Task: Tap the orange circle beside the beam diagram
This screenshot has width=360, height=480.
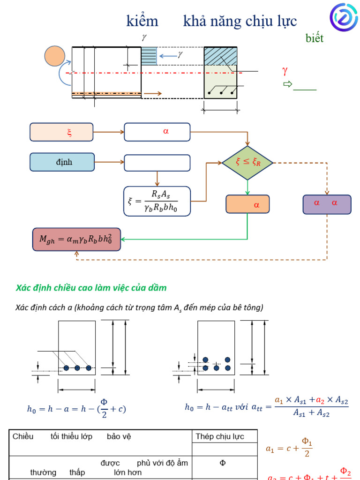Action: point(55,56)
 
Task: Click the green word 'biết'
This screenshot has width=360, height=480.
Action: point(315,38)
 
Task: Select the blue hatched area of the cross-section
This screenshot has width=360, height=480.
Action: point(220,56)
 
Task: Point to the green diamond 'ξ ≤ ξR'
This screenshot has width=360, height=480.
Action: point(247,162)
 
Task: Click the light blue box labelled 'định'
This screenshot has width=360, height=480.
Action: point(62,162)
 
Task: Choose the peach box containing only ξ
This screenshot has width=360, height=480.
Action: point(61,132)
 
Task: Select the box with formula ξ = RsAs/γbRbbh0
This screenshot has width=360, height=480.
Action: point(157,201)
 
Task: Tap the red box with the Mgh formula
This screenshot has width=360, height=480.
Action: point(76,240)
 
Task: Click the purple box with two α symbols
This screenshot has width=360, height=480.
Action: point(327,204)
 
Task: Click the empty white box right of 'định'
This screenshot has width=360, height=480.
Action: point(157,163)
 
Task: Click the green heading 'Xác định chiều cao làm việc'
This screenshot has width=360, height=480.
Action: point(91,288)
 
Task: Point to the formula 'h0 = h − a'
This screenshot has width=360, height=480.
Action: point(76,408)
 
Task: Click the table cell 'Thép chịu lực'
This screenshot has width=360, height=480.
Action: point(220,436)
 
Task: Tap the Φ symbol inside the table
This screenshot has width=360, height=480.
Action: point(223,463)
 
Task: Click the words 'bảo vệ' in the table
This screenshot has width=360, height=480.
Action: point(119,436)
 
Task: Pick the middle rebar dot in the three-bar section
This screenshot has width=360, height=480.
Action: point(77,368)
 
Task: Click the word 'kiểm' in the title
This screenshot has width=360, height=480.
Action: point(142,21)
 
